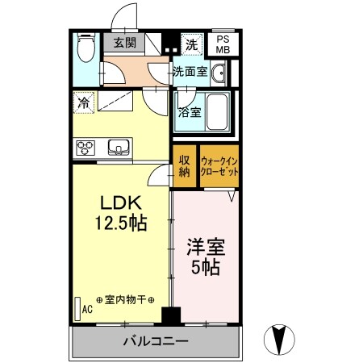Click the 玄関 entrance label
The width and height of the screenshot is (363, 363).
124,43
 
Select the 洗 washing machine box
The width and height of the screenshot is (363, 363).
192,43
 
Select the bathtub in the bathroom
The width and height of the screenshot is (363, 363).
214,111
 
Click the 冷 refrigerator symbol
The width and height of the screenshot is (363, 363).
83,102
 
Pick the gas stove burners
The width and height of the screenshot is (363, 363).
86,148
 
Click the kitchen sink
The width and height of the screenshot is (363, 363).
118,148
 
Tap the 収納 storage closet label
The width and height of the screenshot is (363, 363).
184,165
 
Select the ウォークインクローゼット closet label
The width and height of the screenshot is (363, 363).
220,165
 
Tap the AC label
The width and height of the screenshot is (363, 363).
86,307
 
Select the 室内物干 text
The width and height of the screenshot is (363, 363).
126,298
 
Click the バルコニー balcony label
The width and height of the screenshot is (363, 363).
156,341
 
